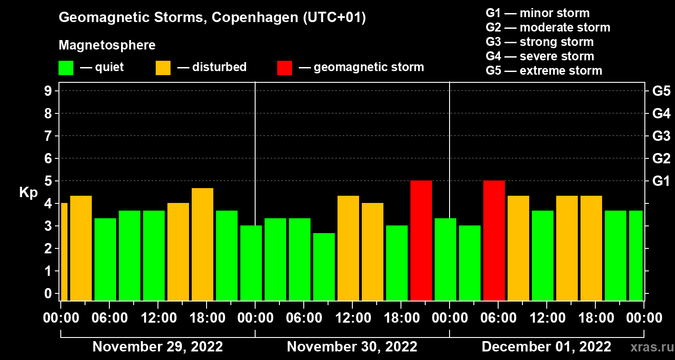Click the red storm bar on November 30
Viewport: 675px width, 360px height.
[x=421, y=240]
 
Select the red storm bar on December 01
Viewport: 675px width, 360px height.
[x=494, y=240]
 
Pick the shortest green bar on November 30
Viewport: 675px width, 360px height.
[x=324, y=266]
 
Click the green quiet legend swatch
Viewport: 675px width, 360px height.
[x=66, y=68]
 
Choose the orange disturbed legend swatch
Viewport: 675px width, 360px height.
[x=163, y=68]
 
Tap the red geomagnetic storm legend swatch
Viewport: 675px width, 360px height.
[x=284, y=68]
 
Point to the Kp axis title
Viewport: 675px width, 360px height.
[x=28, y=193]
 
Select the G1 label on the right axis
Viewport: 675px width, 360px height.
[x=661, y=181]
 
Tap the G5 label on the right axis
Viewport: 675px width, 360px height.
[x=661, y=91]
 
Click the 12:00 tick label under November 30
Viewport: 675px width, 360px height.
[x=352, y=318]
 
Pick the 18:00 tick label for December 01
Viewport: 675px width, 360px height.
[x=595, y=318]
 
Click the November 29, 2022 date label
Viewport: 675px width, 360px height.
[x=157, y=347]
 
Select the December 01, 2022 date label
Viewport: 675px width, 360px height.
[x=546, y=347]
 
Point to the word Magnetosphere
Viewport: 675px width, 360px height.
[x=107, y=45]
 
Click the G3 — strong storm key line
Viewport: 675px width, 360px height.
[x=540, y=42]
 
